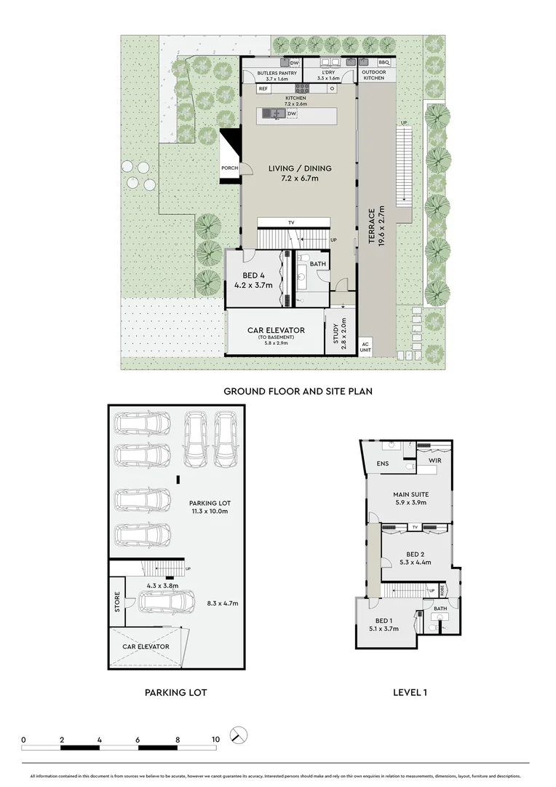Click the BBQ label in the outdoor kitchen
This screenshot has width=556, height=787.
pos(384,63)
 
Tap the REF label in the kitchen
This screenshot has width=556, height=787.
pos(263,88)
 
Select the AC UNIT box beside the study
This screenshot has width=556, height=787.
pos(365,347)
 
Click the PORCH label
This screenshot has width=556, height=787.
pos(230,168)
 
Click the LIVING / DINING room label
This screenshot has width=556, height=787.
pos(293,173)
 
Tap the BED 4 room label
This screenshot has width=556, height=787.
pos(253,281)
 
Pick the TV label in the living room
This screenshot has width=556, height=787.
pos(291,222)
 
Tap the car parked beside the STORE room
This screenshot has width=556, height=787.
pos(167,602)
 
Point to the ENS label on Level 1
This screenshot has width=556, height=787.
pos(382,463)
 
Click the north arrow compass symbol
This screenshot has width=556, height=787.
pos(237,735)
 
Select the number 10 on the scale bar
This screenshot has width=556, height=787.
pos(215,739)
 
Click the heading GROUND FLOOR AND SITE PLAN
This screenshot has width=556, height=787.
pos(298,391)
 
